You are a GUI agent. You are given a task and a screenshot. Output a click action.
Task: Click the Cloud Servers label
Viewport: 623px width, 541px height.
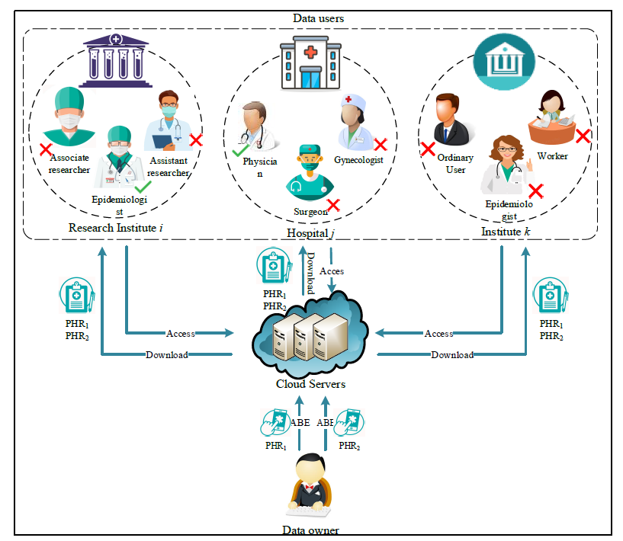pos(310,384)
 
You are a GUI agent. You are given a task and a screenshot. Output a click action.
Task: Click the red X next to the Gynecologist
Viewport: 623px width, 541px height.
pos(380,144)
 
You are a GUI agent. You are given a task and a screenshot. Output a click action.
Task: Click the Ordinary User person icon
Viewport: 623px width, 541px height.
pos(451,122)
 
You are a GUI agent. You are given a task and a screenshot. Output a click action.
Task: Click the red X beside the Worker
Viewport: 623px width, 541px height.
pos(583,136)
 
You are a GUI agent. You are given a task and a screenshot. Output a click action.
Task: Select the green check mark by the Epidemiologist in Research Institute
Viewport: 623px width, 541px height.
pos(143,186)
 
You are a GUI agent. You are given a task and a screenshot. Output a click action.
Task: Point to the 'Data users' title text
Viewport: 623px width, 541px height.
pos(318,17)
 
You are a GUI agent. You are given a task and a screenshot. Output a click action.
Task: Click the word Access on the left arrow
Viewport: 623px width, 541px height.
pos(181,333)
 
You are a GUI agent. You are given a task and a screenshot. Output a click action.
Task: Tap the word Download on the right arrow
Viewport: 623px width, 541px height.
pos(452,354)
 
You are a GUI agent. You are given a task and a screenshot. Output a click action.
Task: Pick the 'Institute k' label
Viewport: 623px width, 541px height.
pos(501,231)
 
